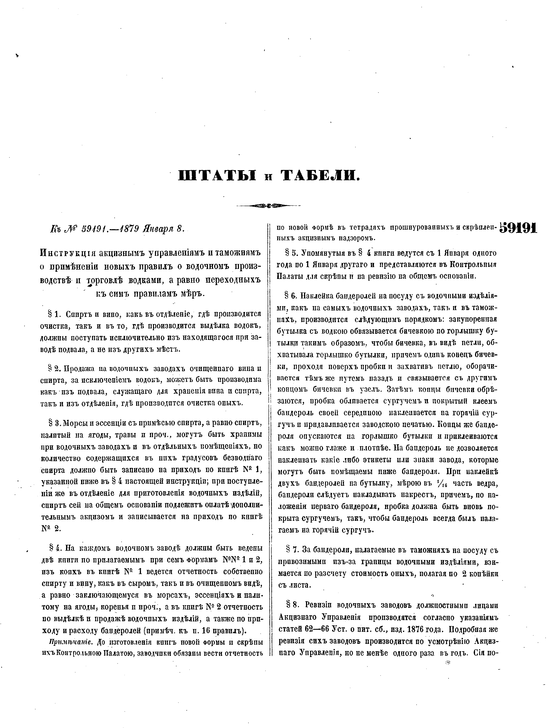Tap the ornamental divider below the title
pos(268,206)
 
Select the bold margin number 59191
pos(518,228)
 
